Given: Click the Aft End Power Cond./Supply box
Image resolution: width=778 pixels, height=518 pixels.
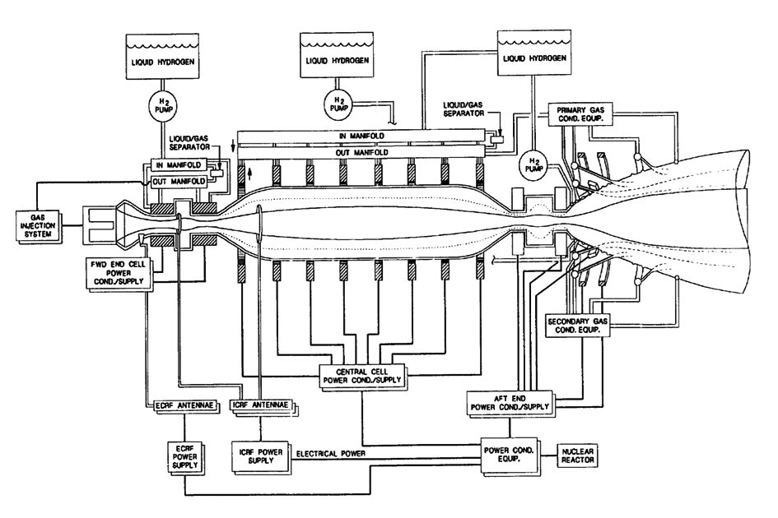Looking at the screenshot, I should (511, 401).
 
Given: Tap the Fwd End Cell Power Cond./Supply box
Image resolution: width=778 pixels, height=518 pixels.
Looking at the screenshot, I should (114, 271).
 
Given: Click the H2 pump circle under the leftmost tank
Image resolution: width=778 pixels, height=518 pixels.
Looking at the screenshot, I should (160, 103).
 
